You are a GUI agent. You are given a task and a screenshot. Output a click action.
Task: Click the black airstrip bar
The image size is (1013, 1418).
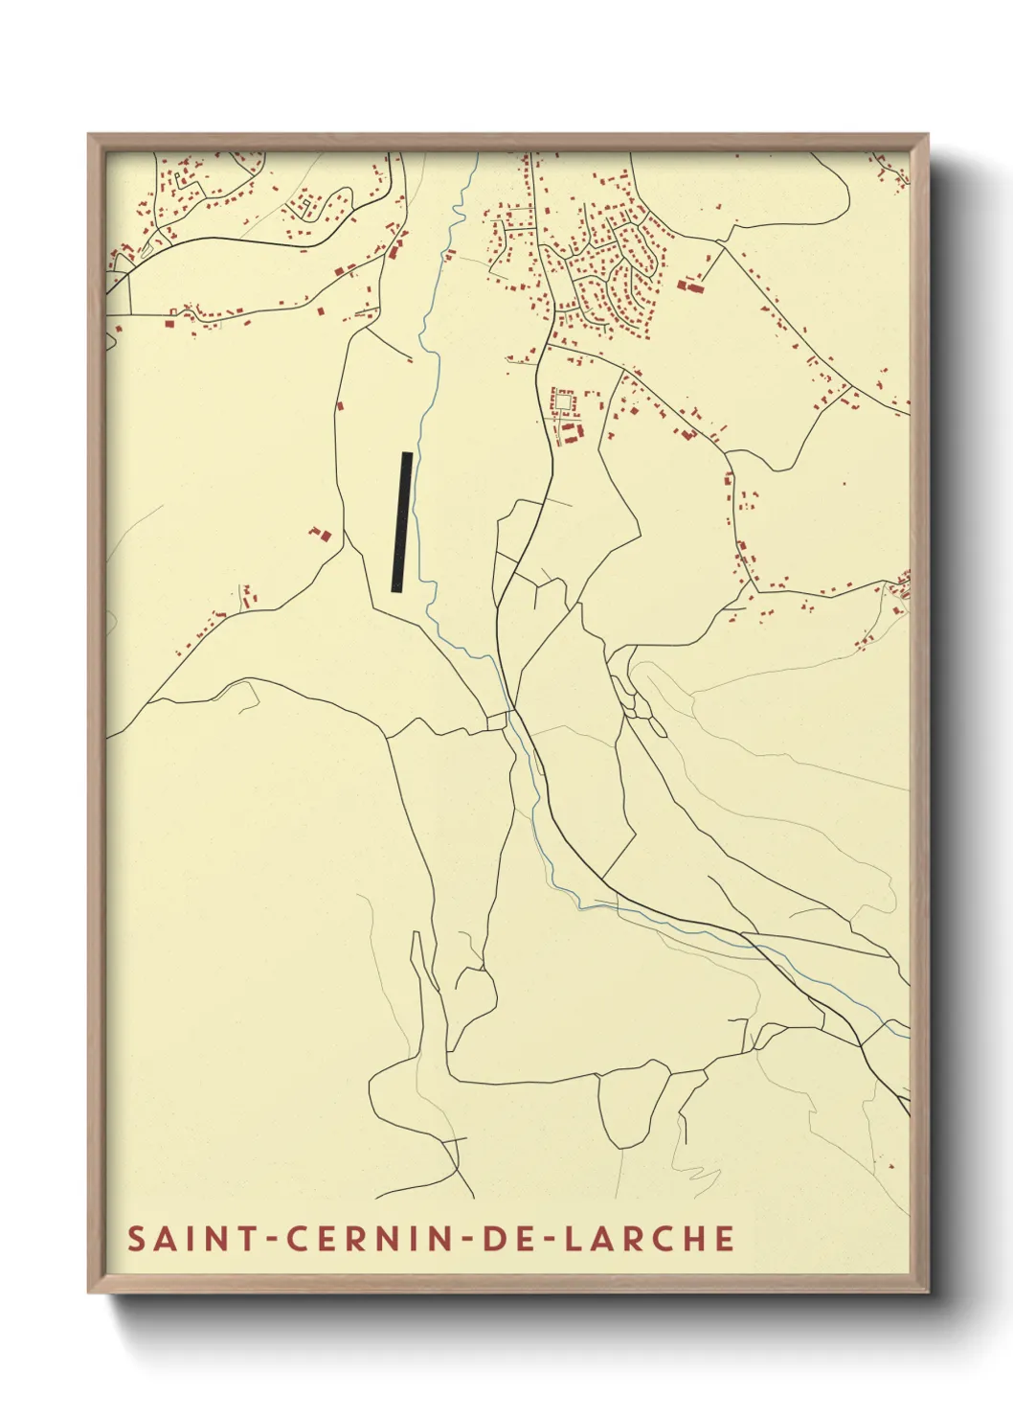(x=402, y=523)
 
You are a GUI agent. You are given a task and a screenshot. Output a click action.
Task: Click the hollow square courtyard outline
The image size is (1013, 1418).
(x=564, y=402)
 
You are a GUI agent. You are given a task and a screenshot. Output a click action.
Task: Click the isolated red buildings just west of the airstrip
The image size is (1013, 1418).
(x=319, y=533)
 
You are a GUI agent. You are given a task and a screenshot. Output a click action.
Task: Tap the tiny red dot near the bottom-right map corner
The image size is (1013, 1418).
(x=888, y=1166)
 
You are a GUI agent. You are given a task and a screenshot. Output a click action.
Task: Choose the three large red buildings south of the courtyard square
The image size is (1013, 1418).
(x=567, y=433)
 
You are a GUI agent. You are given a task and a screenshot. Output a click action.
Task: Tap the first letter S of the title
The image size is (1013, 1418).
(x=136, y=1239)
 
